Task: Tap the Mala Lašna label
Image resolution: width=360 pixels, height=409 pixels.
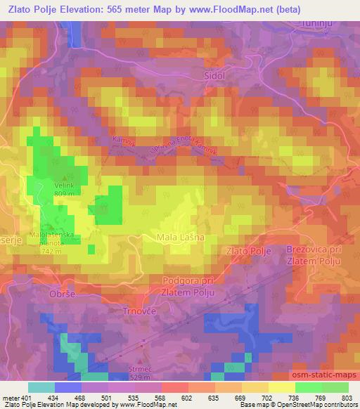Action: coord(181,238)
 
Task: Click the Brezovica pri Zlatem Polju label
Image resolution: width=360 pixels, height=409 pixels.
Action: coord(313,255)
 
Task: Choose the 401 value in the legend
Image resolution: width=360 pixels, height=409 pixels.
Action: coord(26,398)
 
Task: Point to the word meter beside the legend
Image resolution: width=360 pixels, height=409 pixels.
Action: coord(10,398)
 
